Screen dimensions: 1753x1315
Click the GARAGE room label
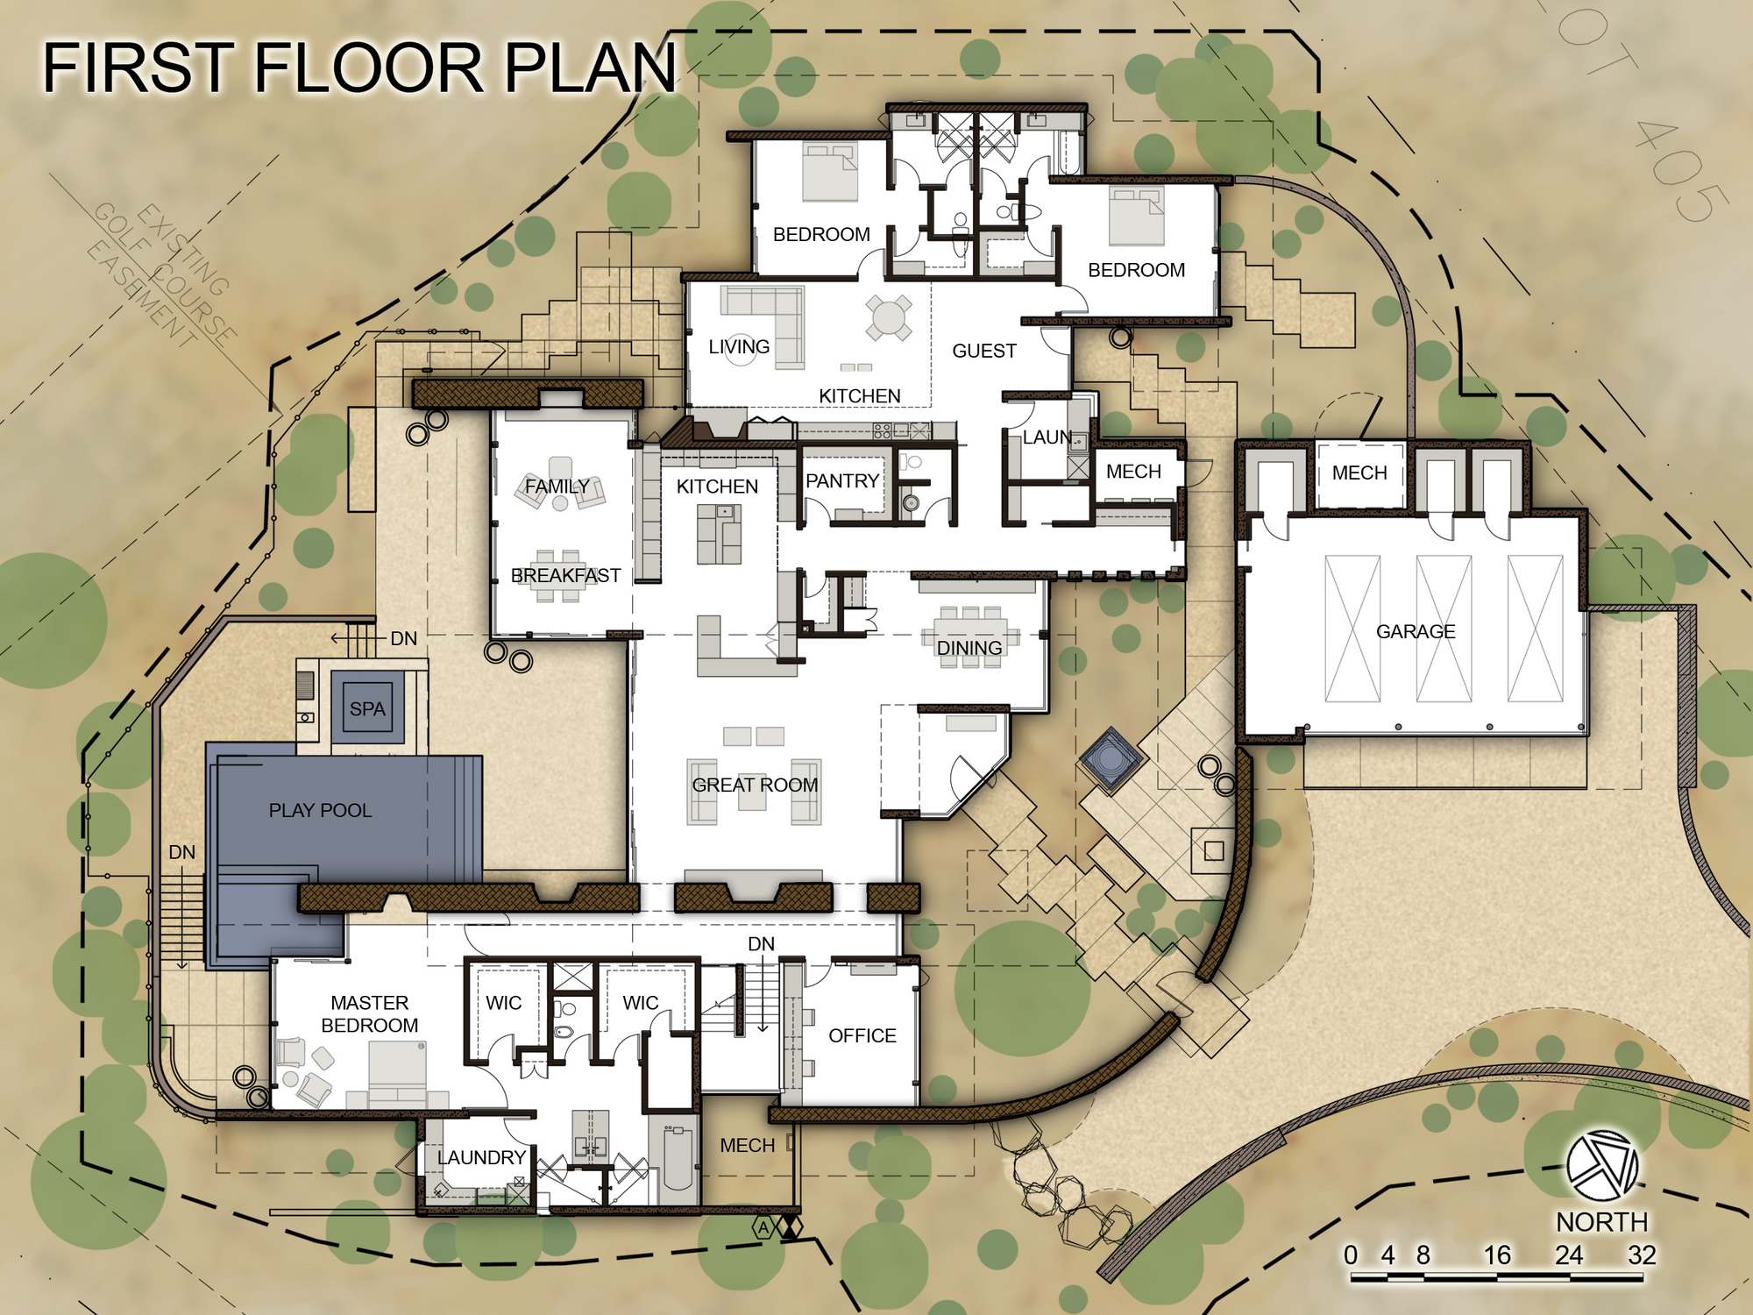click(1416, 631)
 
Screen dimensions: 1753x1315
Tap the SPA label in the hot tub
click(367, 708)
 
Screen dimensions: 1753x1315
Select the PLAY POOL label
click(320, 810)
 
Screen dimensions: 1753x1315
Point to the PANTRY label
click(841, 480)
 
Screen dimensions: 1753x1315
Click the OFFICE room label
click(862, 1035)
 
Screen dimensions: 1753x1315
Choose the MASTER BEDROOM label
click(369, 1013)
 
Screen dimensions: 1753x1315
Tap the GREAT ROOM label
click(755, 785)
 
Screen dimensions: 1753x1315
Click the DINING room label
click(969, 648)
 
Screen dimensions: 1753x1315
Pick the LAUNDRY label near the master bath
click(481, 1157)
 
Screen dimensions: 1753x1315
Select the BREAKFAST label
click(565, 575)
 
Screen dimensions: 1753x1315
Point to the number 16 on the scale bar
click(1497, 1255)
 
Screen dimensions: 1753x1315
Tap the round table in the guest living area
click(889, 316)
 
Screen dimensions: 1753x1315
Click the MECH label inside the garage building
click(1359, 473)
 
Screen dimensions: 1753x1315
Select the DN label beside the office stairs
click(761, 943)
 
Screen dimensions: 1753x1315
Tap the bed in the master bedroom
click(397, 1074)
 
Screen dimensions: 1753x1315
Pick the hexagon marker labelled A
click(763, 1228)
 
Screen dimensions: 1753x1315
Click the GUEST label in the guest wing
click(984, 351)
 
